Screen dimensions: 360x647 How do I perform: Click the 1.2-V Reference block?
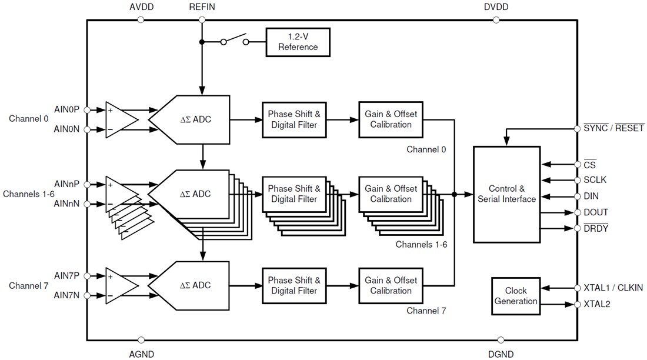(298, 42)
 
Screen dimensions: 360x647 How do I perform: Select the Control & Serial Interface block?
(506, 194)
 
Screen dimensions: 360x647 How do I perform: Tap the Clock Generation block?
(516, 296)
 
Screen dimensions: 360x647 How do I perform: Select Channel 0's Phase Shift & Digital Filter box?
(294, 119)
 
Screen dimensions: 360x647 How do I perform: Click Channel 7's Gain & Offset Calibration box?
(391, 285)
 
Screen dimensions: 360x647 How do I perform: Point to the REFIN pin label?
(202, 7)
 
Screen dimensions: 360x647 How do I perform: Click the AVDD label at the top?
(141, 7)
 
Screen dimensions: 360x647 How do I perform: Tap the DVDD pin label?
(496, 7)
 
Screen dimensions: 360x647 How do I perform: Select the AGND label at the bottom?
(141, 354)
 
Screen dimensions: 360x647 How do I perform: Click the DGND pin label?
(501, 354)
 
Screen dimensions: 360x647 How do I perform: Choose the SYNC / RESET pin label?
(613, 128)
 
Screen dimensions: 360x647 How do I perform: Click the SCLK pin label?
(595, 180)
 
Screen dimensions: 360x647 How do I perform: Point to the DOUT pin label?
(596, 212)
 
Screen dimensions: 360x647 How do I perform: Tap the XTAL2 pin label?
(597, 304)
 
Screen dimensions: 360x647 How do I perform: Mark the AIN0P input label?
(67, 109)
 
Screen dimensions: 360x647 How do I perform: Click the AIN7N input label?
(67, 295)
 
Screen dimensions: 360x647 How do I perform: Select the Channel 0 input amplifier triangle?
(120, 119)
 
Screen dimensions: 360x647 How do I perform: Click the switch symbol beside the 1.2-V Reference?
(234, 41)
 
